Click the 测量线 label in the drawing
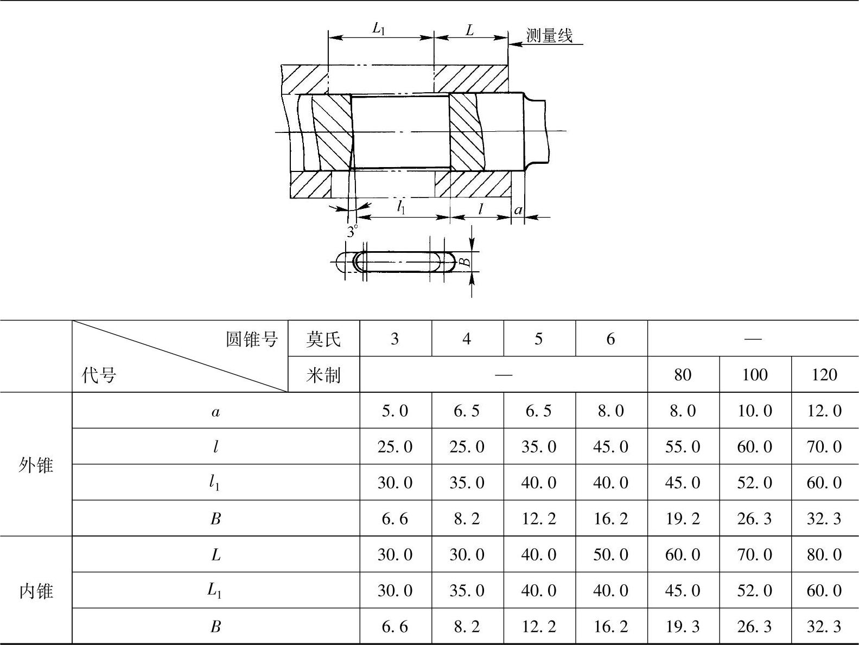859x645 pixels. tap(549, 36)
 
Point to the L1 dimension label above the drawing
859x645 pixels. tap(379, 29)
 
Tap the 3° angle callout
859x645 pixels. tap(353, 232)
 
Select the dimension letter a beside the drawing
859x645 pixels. tap(518, 210)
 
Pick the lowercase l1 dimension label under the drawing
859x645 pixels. tap(401, 207)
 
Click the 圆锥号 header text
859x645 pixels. tap(252, 339)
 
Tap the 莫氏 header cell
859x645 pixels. tap(323, 339)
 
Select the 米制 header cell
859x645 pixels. tap(323, 375)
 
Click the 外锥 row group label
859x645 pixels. tap(36, 464)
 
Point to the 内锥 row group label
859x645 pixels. tap(36, 590)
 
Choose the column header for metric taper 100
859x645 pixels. tap(754, 375)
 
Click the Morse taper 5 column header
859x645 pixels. tap(538, 339)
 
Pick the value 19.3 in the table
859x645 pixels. tap(683, 627)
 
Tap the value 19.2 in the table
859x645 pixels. tap(683, 519)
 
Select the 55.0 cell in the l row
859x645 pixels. tap(683, 446)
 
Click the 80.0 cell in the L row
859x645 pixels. tap(824, 554)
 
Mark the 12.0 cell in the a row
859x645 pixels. tap(824, 411)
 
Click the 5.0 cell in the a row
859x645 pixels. tap(394, 411)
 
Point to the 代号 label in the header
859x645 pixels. tap(99, 375)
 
